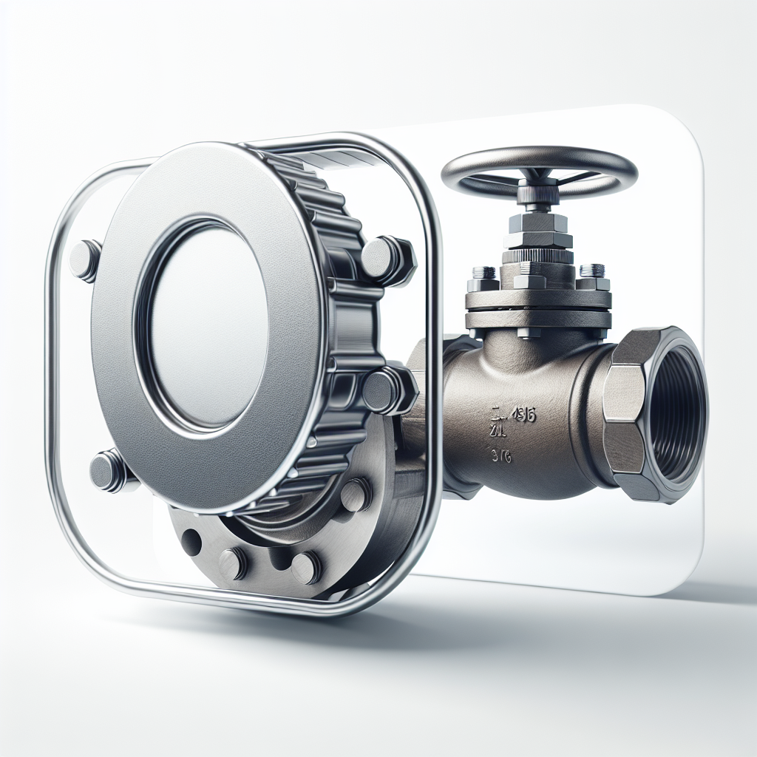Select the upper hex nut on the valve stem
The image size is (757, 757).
point(538,221)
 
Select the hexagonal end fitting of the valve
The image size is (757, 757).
point(625,414)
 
